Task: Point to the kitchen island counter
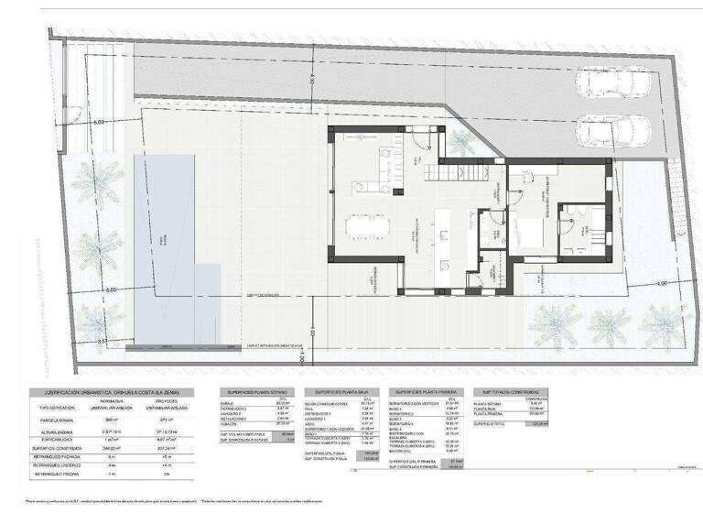441,229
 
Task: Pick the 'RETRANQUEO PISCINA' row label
60,475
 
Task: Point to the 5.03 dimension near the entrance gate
101,122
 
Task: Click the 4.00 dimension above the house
312,82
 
